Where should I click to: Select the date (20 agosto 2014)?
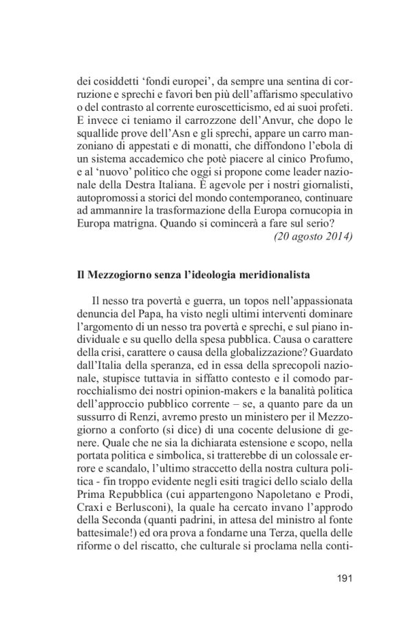(314, 236)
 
